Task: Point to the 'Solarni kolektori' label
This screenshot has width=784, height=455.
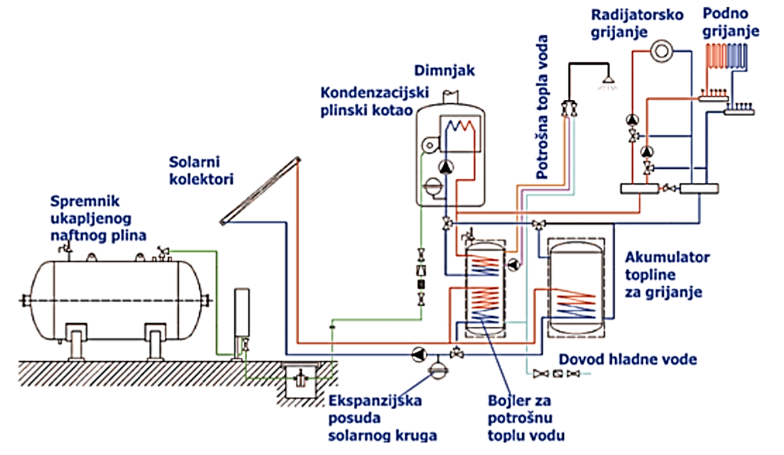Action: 201,171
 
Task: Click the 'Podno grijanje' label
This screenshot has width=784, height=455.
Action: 731,22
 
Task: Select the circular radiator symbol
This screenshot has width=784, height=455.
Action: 662,51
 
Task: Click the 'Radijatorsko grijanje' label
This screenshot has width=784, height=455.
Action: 637,22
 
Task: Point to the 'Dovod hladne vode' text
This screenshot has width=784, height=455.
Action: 627,360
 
